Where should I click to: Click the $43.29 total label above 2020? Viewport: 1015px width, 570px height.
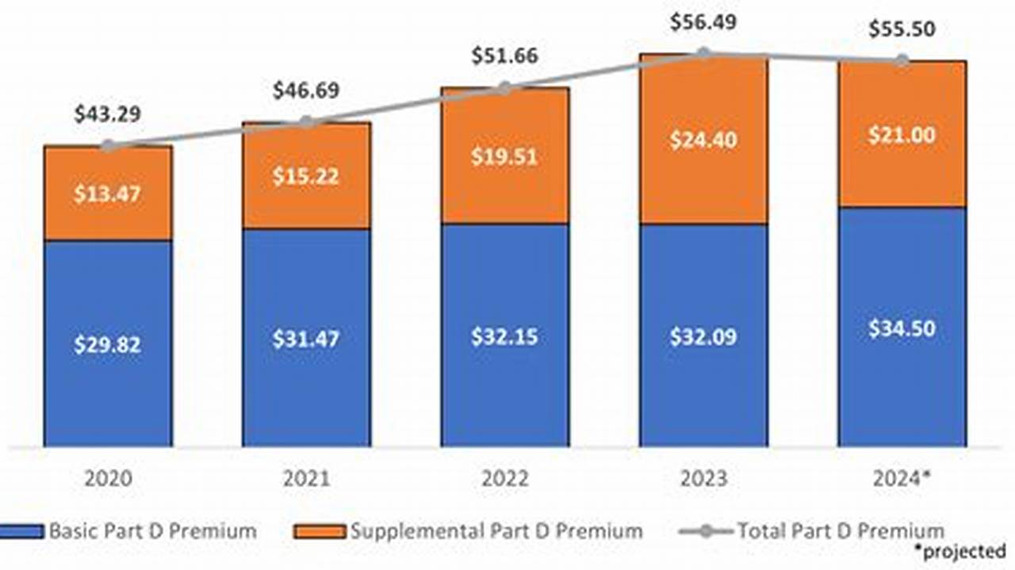pos(108,114)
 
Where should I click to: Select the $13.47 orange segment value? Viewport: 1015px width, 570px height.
pos(108,194)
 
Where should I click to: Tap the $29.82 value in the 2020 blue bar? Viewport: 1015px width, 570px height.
pos(108,345)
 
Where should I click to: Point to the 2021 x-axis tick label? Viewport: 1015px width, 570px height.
pos(306,479)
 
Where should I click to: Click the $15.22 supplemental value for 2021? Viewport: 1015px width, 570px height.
pos(306,176)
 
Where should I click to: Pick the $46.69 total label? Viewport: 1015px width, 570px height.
pos(306,90)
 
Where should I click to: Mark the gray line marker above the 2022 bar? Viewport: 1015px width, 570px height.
pos(504,88)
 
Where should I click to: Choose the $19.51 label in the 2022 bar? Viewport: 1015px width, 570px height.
pos(504,156)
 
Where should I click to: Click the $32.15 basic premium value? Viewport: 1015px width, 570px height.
pos(504,336)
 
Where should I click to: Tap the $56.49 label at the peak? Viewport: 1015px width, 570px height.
pos(703,22)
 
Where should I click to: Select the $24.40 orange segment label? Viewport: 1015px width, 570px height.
pos(703,140)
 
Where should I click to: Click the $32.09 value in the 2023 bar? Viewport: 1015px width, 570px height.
pos(703,336)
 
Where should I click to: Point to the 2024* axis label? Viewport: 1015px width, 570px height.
pos(902,479)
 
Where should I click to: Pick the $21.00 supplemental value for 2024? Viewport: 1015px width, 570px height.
pos(902,136)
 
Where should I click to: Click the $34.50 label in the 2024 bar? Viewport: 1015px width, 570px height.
pos(902,327)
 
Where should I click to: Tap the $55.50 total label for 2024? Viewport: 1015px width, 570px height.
pos(902,30)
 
